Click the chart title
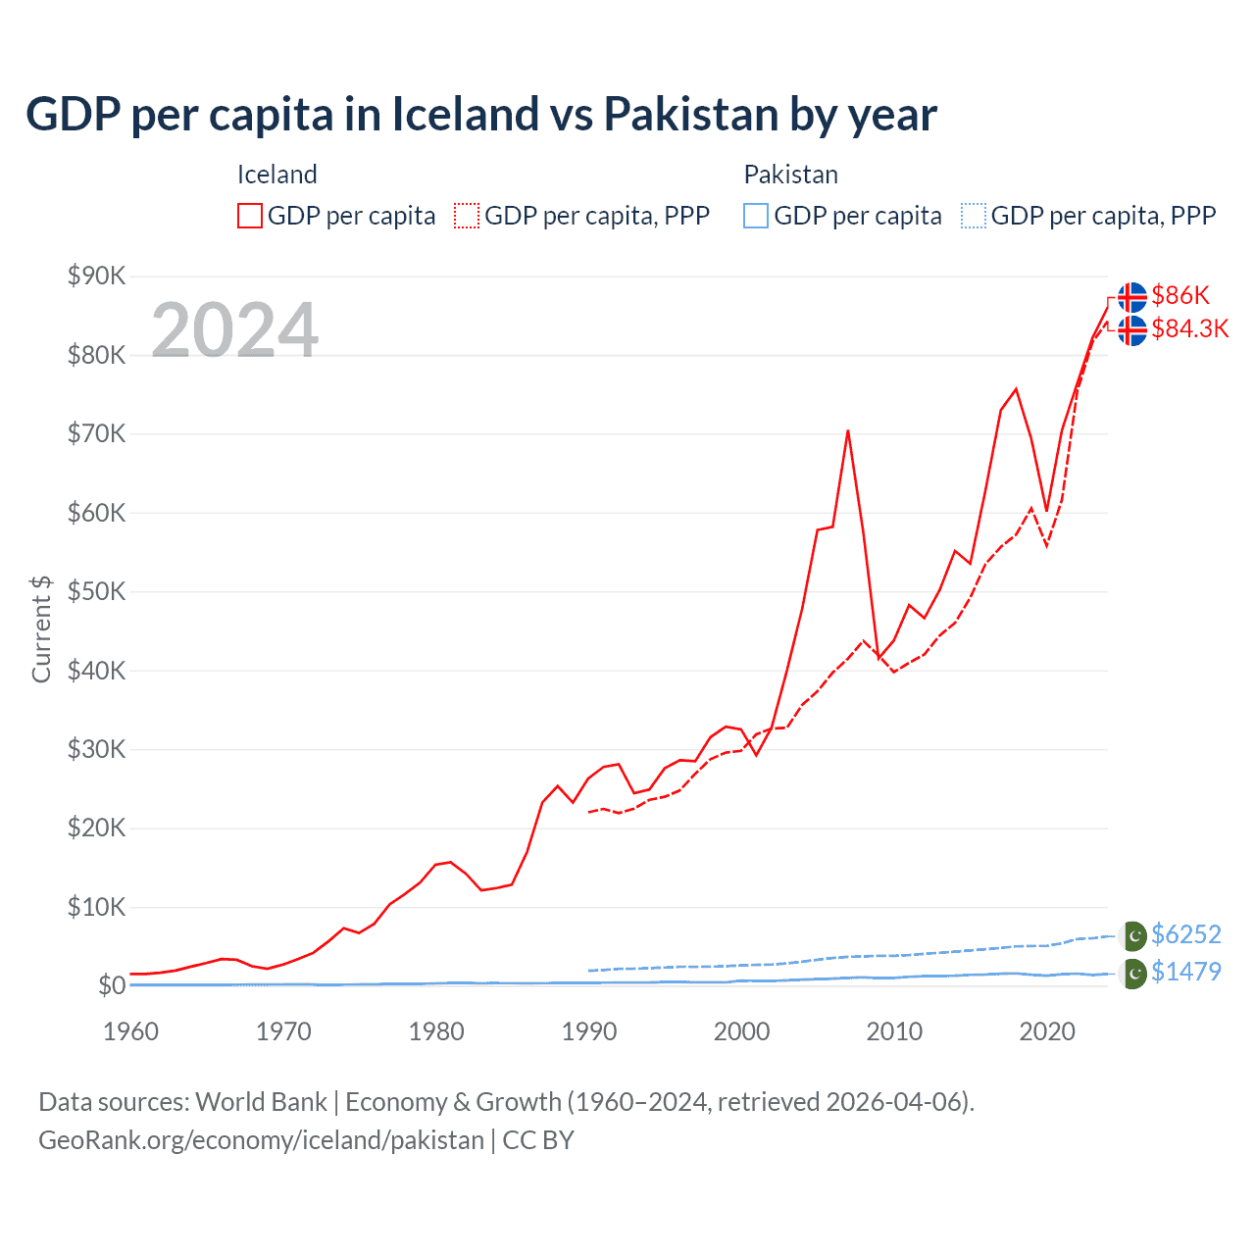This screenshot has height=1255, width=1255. click(480, 114)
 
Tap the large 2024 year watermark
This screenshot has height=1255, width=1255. click(234, 330)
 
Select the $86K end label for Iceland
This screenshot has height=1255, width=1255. click(1180, 295)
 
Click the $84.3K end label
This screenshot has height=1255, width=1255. click(1189, 328)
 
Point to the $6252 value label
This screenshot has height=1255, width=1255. click(1186, 934)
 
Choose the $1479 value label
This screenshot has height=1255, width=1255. click(1186, 972)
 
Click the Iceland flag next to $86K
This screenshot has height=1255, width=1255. click(1132, 296)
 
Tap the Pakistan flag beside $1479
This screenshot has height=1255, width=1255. click(1133, 973)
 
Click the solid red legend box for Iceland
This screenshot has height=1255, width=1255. click(250, 216)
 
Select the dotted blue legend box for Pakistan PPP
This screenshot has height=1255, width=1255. click(974, 216)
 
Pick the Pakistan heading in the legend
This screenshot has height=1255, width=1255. click(790, 175)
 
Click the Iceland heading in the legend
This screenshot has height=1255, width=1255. click(276, 175)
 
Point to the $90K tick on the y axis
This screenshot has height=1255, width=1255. click(96, 276)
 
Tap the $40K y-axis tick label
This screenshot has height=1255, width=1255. click(96, 671)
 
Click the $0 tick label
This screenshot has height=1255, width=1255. click(111, 985)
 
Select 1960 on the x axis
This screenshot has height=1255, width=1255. click(130, 1031)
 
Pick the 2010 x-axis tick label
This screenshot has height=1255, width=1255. click(894, 1031)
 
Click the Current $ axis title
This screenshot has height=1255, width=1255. click(41, 628)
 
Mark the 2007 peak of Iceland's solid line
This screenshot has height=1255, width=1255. click(848, 430)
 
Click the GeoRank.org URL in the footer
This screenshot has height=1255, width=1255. click(261, 1140)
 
